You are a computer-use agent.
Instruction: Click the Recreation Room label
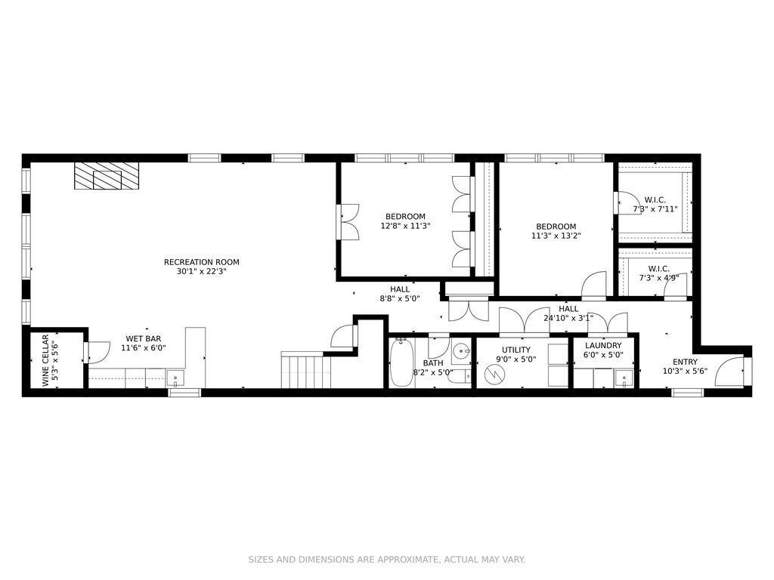click(196, 262)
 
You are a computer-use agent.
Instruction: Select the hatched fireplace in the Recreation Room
click(107, 177)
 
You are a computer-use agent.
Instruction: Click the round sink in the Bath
click(461, 350)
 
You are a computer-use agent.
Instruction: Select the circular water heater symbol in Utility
click(496, 373)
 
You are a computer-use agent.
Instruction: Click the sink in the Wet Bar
click(175, 378)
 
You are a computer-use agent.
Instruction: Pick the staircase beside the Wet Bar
click(306, 370)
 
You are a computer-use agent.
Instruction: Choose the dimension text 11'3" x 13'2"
click(556, 236)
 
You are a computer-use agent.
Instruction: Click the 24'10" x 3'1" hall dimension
click(568, 318)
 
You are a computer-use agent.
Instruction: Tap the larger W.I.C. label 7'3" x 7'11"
click(655, 209)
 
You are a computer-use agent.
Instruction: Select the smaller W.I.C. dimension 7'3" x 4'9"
click(658, 277)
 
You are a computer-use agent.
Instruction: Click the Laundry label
click(602, 345)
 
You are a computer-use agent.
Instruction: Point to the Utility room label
click(515, 350)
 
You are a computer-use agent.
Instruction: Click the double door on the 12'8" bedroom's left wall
click(348, 223)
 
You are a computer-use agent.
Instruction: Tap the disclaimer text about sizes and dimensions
click(386, 560)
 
